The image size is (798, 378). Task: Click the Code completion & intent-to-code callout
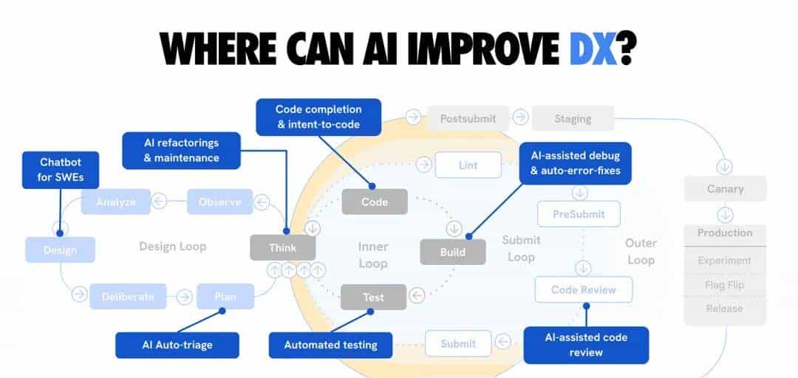tap(318, 117)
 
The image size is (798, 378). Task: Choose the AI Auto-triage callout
tap(177, 345)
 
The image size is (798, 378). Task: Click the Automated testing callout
tap(331, 345)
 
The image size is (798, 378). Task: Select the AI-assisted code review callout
tap(586, 345)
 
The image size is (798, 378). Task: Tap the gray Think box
tap(283, 248)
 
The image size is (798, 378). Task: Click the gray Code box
tap(375, 202)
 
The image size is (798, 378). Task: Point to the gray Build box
tap(453, 252)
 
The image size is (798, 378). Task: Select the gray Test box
tap(373, 297)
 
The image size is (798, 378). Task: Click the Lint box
tap(468, 165)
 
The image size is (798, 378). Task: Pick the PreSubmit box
tap(579, 214)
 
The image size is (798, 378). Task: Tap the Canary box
tap(725, 188)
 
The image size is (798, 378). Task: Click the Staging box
tap(573, 118)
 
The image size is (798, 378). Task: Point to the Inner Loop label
tap(373, 255)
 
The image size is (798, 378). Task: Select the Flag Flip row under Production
tap(725, 285)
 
